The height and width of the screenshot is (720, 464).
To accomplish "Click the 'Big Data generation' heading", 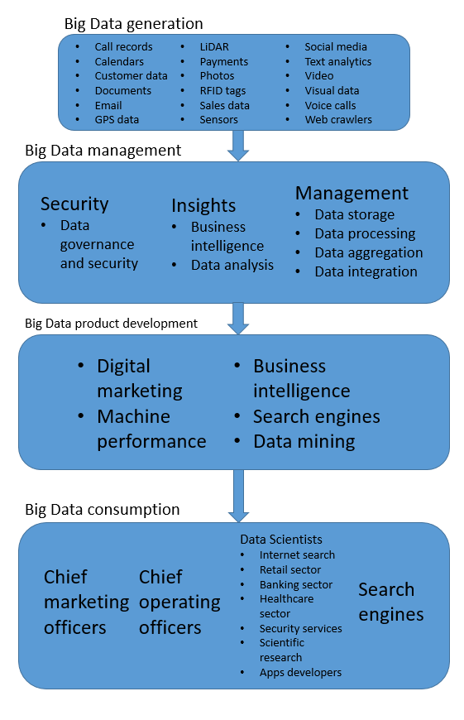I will click(134, 23).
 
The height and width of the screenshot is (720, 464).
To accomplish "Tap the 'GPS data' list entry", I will click(117, 120).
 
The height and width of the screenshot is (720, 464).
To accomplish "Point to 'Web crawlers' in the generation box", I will click(338, 120).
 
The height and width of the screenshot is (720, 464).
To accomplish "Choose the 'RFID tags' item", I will click(222, 91).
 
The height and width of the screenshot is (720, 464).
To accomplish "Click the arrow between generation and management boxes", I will click(238, 146).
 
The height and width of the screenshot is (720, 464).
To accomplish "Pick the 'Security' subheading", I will click(74, 204).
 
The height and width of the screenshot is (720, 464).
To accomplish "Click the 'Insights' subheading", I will click(203, 205).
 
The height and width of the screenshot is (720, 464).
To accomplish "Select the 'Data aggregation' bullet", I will click(368, 252).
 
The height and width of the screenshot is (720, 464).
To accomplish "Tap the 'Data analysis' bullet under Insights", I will click(232, 266).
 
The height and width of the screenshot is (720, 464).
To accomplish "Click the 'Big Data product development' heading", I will click(111, 323).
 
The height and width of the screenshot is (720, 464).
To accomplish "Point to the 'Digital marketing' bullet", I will click(139, 377).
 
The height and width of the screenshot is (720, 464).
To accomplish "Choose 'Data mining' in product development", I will click(304, 442).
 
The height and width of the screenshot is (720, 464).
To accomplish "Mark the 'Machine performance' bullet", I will click(151, 429).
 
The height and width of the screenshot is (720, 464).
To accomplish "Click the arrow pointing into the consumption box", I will click(238, 494).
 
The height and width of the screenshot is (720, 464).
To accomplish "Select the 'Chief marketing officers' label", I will click(86, 602).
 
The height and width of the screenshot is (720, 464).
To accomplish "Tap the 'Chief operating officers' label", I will click(179, 602).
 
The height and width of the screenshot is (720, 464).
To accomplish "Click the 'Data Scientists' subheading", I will click(281, 540).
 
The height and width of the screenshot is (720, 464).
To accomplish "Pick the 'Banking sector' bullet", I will click(295, 584).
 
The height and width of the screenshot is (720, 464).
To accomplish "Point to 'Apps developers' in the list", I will click(300, 672).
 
